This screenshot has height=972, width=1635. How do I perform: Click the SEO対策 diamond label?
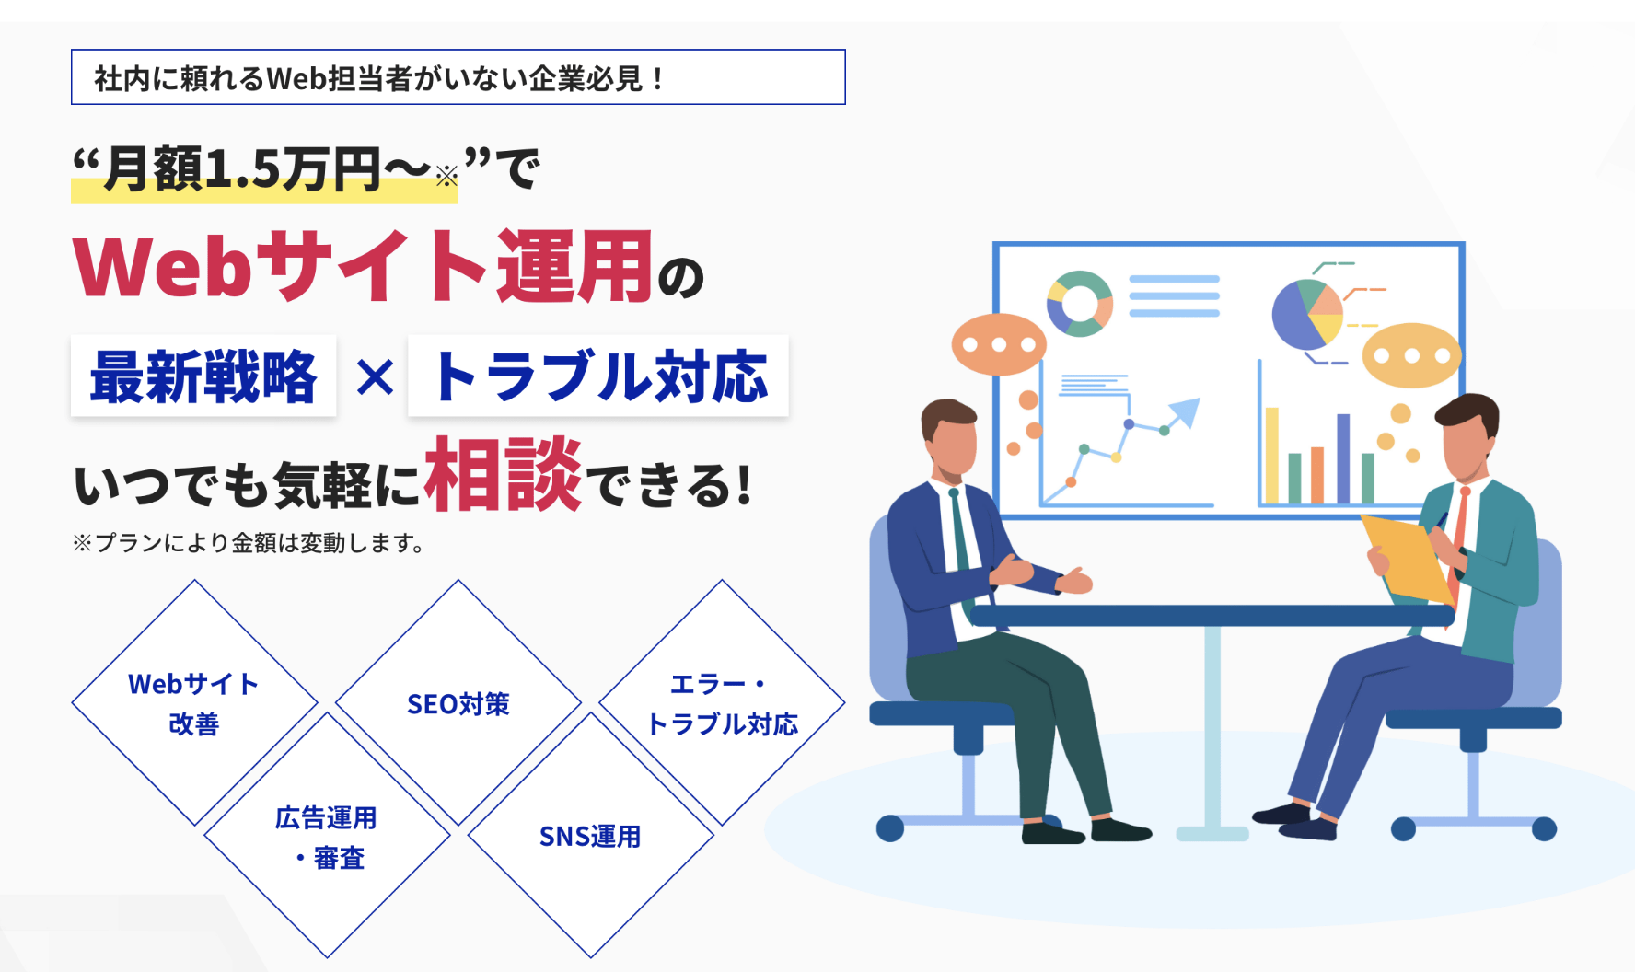[x=458, y=704]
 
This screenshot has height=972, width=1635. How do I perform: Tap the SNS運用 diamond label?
[x=590, y=837]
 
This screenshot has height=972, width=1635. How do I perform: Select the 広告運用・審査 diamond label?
[x=327, y=838]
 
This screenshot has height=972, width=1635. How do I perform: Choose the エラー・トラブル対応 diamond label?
[x=722, y=704]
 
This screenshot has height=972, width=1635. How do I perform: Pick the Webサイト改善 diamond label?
[x=194, y=704]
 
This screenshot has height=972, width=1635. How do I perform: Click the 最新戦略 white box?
[x=203, y=376]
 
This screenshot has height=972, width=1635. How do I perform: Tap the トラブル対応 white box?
[x=598, y=376]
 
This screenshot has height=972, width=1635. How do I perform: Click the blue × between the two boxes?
[x=374, y=377]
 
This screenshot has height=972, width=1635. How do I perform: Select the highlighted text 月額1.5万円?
[x=242, y=169]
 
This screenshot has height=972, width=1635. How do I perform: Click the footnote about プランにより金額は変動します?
[x=249, y=543]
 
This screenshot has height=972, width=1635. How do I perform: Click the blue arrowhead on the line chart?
[x=1187, y=411]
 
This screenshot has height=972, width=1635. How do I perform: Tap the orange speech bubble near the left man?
[x=999, y=344]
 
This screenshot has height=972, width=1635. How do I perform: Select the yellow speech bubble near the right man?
[x=1411, y=355]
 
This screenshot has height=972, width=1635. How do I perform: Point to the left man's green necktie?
[x=961, y=543]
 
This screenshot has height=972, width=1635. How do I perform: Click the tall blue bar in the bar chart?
[x=1343, y=458]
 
